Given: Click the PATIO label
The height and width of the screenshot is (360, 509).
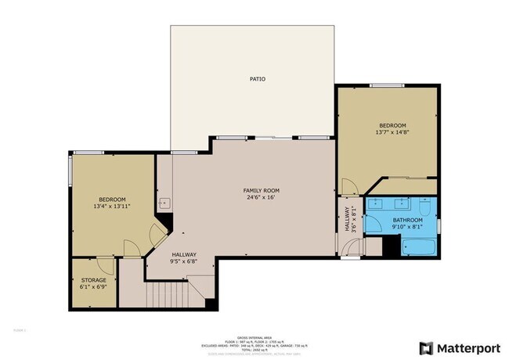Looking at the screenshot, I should pyautogui.click(x=257, y=79).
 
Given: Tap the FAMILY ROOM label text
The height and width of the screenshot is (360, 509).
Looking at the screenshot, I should pyautogui.click(x=261, y=190).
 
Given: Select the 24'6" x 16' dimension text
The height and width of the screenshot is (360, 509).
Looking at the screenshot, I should pyautogui.click(x=261, y=198).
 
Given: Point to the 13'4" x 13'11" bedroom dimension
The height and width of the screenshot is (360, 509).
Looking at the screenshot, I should pyautogui.click(x=111, y=207).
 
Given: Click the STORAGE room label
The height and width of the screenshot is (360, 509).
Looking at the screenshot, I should pyautogui.click(x=93, y=279).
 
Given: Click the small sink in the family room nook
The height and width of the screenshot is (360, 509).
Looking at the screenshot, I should pyautogui.click(x=164, y=203).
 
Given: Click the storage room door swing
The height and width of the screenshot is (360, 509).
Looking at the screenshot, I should pyautogui.click(x=106, y=266).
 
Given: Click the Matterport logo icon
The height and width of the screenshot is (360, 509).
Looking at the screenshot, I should pyautogui.click(x=426, y=347).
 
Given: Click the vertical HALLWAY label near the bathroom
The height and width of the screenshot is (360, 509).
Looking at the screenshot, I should pyautogui.click(x=346, y=219).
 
